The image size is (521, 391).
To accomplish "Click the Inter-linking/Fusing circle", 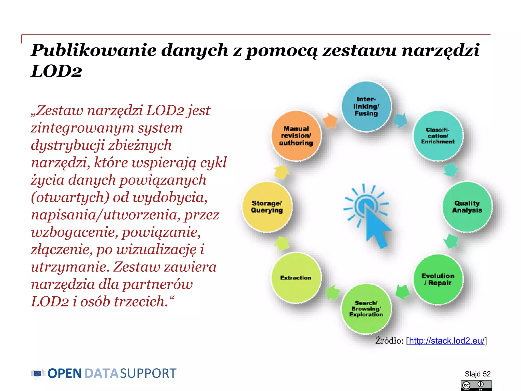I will coord(366,106).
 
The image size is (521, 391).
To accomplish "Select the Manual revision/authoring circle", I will coord(296,136).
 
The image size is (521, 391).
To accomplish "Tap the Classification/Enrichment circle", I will coord(438,136).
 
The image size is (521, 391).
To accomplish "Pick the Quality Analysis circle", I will coord(467,207).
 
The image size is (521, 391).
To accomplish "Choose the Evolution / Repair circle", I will coord(438,279).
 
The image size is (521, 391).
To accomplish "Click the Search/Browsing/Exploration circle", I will coord(366,309).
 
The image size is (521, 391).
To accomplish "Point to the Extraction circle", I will coord(296,278).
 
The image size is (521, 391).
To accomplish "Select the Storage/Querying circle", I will coord(267,207).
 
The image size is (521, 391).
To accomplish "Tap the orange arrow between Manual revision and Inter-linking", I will coord(330,120).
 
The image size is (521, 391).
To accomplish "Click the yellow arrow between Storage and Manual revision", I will coord(281,172).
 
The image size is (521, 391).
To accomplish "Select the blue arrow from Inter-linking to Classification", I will coord(400,120).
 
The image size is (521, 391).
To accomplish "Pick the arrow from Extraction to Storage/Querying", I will coord(282,243).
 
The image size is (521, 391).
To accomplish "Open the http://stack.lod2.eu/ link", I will coord(447,341).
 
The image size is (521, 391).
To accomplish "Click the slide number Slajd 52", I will coord(477,374).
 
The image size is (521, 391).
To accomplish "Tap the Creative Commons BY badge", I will coord(476,385).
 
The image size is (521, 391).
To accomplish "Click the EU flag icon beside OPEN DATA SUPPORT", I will coord(38,373).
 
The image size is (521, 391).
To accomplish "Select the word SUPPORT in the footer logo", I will coord(148,373).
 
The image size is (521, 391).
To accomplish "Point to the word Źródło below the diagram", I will coord(389,341).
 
